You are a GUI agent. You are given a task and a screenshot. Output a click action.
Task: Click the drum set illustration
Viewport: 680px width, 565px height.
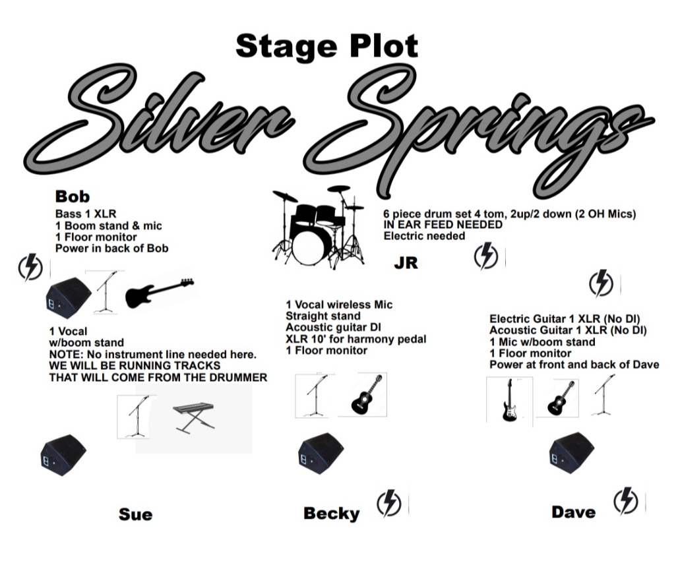319,227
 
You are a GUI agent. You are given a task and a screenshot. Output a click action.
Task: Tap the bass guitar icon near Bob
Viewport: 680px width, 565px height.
159,293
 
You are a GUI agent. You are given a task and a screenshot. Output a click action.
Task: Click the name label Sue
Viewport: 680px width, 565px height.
136,514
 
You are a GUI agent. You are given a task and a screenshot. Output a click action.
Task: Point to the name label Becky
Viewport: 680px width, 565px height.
332,514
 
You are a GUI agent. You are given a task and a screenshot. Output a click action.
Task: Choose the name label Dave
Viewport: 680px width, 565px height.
573,512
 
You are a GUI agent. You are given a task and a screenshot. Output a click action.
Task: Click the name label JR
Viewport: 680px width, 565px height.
406,263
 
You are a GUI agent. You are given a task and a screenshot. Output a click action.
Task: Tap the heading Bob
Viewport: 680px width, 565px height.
73,196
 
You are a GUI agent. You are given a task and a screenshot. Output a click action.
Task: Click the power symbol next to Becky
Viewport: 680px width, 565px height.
389,503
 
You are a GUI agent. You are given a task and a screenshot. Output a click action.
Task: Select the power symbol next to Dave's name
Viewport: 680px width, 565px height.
626,501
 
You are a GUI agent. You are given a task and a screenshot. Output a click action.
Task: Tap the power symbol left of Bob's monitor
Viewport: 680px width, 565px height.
30,267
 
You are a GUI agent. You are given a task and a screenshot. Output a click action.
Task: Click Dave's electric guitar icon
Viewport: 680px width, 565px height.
510,401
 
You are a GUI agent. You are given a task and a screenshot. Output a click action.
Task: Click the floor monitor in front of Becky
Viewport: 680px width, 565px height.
321,453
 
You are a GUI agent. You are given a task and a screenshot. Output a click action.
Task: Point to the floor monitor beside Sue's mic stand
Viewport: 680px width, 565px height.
63,455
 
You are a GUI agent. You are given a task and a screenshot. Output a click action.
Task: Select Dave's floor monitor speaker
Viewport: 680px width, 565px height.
572,453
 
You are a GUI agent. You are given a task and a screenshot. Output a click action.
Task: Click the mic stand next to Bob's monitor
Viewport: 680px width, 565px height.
106,292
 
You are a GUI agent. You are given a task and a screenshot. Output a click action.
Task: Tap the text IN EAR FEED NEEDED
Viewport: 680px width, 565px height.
443,225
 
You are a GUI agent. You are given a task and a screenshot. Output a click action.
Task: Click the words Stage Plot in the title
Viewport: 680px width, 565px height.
327,46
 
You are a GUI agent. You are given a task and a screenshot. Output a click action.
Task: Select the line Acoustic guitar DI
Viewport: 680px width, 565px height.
334,328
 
